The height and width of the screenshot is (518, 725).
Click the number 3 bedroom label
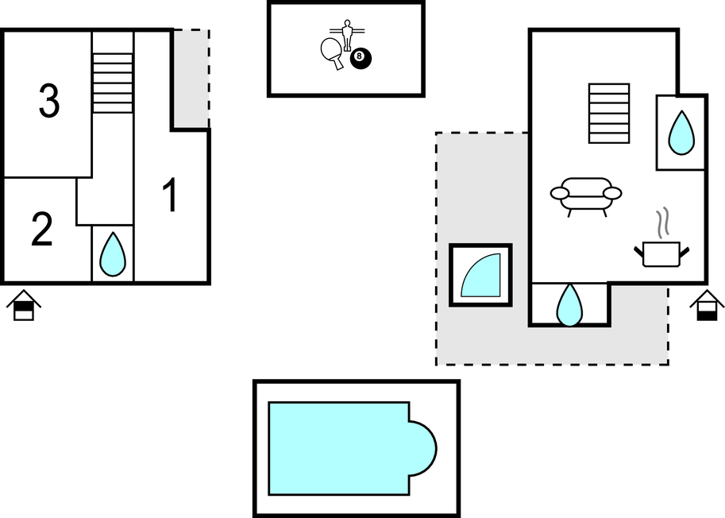pyautogui.click(x=48, y=102)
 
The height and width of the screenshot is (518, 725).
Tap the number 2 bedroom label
pyautogui.click(x=41, y=229)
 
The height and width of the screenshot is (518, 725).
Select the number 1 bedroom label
pyautogui.click(x=170, y=195)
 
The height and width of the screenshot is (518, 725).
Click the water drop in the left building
pyautogui.click(x=113, y=254)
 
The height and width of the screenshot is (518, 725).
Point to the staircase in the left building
pyautogui.click(x=112, y=83)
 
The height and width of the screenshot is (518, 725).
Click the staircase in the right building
pyautogui.click(x=609, y=113)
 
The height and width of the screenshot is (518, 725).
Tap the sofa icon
pyautogui.click(x=586, y=195)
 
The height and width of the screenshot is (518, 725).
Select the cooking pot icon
pyautogui.click(x=661, y=253)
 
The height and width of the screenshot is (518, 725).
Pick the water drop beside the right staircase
pyautogui.click(x=681, y=133)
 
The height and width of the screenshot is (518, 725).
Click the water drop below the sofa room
pyautogui.click(x=569, y=305)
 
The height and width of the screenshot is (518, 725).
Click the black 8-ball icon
pyautogui.click(x=360, y=56)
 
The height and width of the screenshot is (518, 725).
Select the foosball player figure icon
pyautogui.click(x=346, y=35)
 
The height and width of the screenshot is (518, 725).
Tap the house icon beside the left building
pyautogui.click(x=24, y=306)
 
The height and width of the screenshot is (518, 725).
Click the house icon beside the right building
pyautogui.click(x=706, y=306)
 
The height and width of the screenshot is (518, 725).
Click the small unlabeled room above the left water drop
pyautogui.click(x=105, y=202)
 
